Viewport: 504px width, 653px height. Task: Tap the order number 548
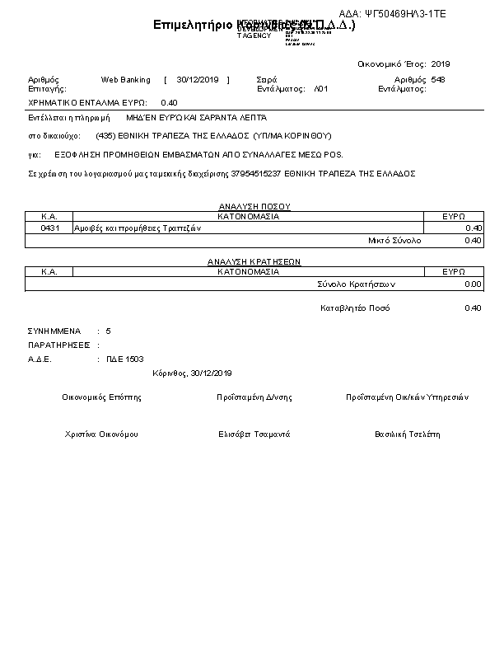click(437, 80)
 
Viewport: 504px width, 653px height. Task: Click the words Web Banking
click(125, 80)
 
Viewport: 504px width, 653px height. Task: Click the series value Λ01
click(321, 88)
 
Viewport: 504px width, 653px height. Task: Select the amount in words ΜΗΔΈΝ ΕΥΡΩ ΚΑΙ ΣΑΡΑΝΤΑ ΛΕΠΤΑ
click(196, 118)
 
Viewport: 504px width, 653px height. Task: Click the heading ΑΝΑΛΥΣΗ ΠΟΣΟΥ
click(254, 207)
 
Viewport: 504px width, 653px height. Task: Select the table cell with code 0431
click(49, 228)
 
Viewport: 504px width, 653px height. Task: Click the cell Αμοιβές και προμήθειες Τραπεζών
click(133, 228)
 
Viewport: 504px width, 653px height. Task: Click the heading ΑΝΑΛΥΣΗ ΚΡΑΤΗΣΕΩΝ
click(254, 261)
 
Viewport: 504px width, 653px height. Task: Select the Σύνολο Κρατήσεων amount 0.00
click(472, 284)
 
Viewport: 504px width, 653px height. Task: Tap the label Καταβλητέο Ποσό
click(355, 308)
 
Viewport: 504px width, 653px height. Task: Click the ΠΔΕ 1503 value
click(124, 359)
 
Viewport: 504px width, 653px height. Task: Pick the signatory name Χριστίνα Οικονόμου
click(101, 434)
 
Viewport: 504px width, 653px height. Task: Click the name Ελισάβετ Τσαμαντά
click(254, 434)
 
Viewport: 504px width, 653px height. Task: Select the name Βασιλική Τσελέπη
click(408, 434)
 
